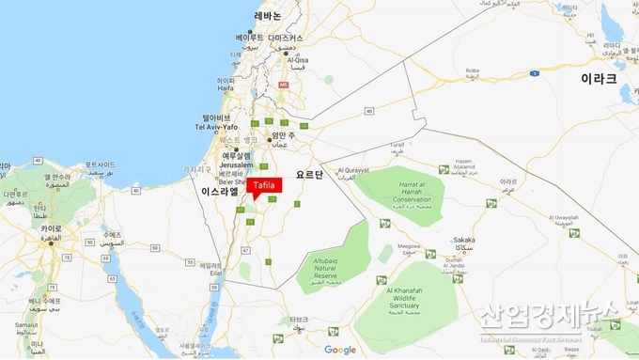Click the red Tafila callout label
(264, 186)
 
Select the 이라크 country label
(599, 78)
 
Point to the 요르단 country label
(309, 175)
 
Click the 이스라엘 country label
(221, 191)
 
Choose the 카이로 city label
(51, 227)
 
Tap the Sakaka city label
(463, 240)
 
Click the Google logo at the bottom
(340, 350)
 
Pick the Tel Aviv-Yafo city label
(216, 127)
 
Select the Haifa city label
(226, 89)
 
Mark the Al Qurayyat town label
(354, 170)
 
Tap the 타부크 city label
(299, 319)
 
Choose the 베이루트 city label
(250, 37)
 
